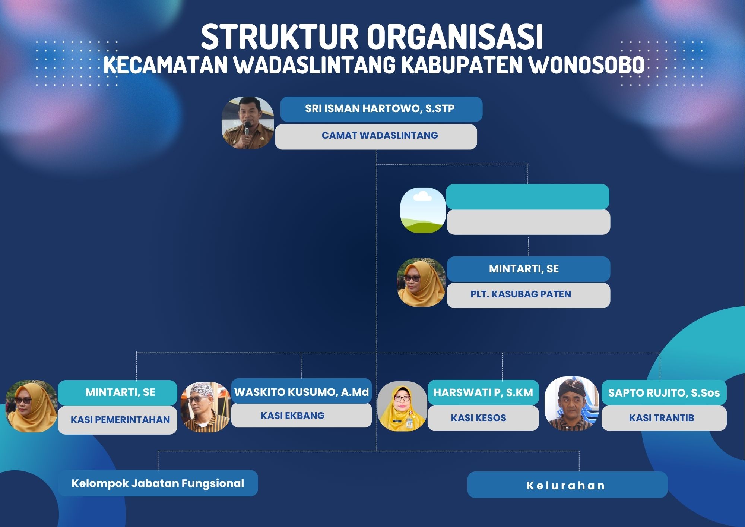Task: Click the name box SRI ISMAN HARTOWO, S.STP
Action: [381, 109]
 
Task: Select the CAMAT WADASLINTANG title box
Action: [376, 137]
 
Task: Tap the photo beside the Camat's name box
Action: [248, 123]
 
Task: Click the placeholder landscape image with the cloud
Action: [423, 210]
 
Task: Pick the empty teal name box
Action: [527, 197]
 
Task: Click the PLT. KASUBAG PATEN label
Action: [520, 294]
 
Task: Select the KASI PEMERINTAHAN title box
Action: [117, 420]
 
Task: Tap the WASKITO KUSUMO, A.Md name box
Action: [301, 391]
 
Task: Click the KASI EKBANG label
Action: [292, 416]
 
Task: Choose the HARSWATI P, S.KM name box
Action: [483, 392]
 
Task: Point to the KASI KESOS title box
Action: [483, 418]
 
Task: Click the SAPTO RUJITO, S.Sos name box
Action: [664, 392]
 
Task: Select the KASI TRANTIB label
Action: [662, 418]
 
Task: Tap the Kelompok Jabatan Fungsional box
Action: [158, 483]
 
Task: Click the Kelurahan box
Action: [567, 485]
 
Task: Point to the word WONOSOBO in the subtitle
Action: [587, 65]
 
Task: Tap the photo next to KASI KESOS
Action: [402, 406]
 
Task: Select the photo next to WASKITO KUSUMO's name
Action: [205, 407]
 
